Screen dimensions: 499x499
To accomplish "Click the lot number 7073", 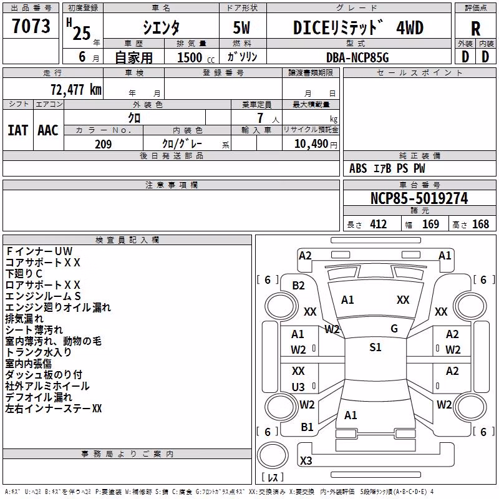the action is [x=31, y=26].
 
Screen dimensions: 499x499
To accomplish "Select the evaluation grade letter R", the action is [x=475, y=29].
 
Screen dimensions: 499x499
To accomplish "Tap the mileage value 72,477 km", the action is [x=76, y=90].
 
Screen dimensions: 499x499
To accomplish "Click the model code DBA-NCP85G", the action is [x=357, y=57].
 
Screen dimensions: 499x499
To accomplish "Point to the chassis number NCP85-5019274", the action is [x=419, y=198].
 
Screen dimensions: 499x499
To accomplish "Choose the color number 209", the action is [x=103, y=144].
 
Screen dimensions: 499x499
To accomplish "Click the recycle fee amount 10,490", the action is [x=311, y=144].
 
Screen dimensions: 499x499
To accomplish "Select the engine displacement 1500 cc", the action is [x=196, y=57].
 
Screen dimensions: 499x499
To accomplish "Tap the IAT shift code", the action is [x=18, y=130].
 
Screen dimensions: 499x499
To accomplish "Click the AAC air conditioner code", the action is [x=48, y=130].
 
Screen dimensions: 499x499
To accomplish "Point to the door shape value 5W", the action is [x=241, y=27].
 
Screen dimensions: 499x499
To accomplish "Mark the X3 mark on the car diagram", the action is [x=306, y=460].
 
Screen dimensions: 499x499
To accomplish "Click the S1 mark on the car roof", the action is [x=375, y=347].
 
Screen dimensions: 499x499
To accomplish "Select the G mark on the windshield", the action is [x=394, y=329].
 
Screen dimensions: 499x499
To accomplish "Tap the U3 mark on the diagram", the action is [x=298, y=387].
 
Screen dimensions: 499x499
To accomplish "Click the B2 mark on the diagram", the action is [x=298, y=286].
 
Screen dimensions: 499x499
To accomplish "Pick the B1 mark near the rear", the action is [x=307, y=427].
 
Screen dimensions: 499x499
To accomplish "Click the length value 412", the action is [x=379, y=225].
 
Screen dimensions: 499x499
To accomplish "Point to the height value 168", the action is [x=480, y=225].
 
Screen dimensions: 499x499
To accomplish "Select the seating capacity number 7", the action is [x=260, y=118].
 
